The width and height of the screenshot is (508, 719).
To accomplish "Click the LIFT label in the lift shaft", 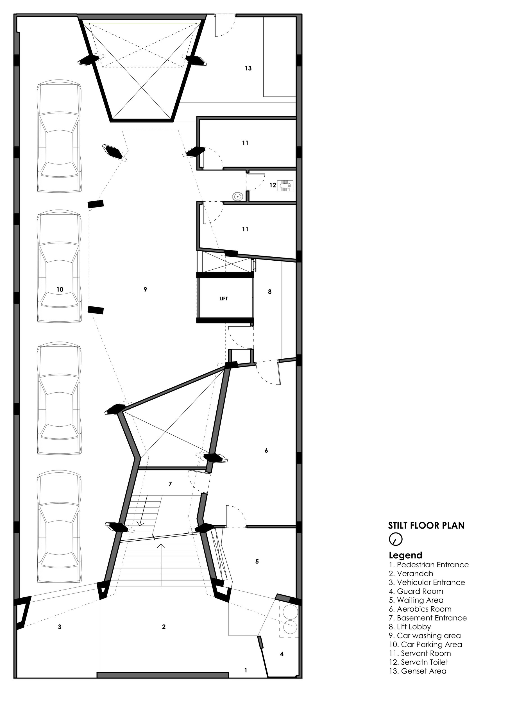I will click(223, 299).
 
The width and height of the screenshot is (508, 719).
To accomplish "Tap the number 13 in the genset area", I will click(248, 68).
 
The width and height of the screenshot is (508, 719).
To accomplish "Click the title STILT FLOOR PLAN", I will click(426, 525).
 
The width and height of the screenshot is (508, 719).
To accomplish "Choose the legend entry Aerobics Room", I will click(420, 609).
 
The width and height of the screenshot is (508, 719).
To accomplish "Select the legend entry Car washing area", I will click(425, 636).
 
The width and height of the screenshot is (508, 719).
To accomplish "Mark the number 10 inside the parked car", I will click(60, 289).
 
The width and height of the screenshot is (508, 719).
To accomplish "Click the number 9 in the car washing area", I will click(145, 289).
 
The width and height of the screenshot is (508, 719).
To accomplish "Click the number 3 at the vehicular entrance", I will click(60, 627).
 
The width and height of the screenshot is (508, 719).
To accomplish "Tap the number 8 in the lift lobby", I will click(270, 292).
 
